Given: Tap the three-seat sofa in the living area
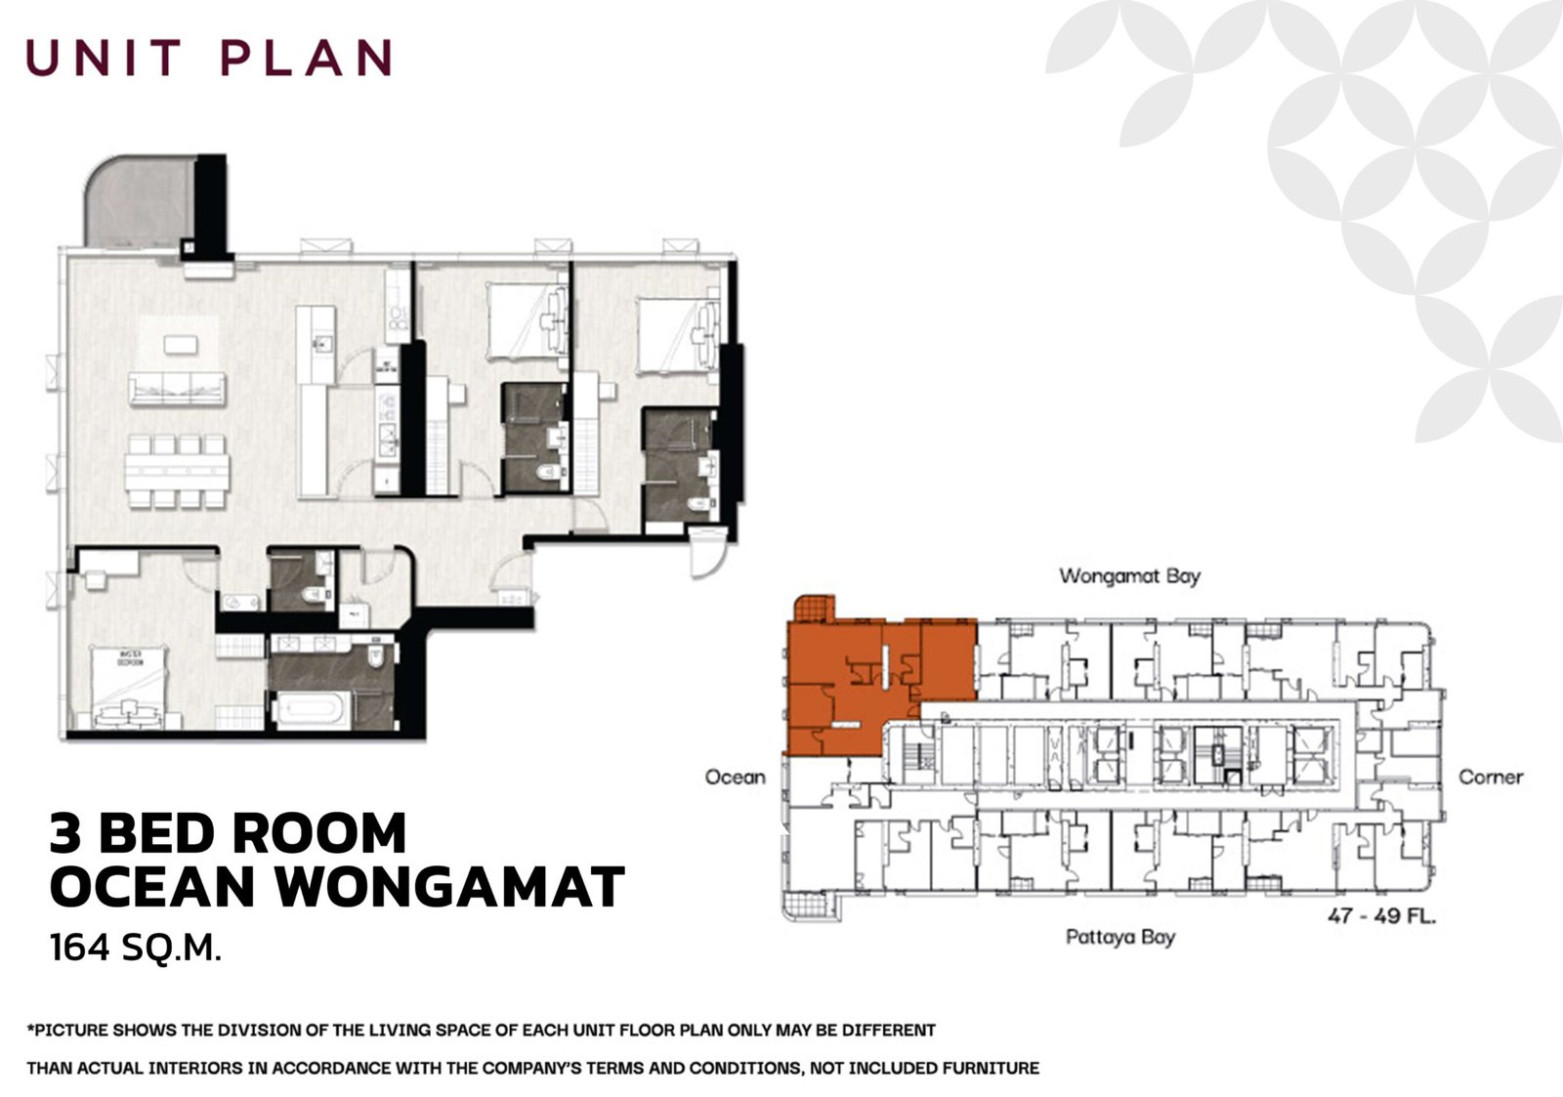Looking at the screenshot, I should point(177,389).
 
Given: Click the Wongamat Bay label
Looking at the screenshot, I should point(1129,576).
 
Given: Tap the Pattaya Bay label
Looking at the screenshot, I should point(1119,938).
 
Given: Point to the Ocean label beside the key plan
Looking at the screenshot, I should point(736,778).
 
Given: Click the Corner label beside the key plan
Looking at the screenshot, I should point(1491,778).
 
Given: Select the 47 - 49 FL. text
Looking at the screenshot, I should point(1381,916).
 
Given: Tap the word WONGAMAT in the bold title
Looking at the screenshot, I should point(451,887).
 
